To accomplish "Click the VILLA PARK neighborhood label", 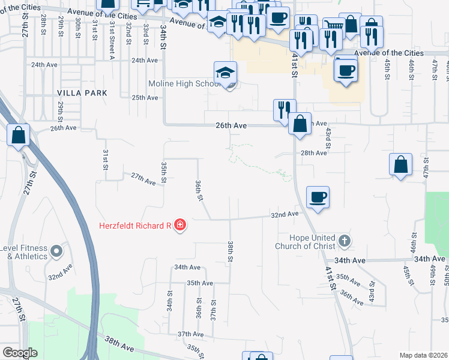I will [x=82, y=93].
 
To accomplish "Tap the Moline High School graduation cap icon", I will [x=226, y=73].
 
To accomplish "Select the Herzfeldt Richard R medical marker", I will [x=180, y=226].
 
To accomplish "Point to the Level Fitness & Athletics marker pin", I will [x=56, y=251].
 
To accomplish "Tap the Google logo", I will [x=20, y=353].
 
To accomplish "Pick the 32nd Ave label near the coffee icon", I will [x=285, y=214].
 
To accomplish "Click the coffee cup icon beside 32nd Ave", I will [x=318, y=197].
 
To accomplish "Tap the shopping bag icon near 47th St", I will [x=400, y=164].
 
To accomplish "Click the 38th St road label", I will [x=230, y=252].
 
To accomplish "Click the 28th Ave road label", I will [x=313, y=153].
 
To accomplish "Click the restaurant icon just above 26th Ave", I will [x=285, y=110].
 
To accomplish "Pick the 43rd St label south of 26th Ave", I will [x=328, y=137].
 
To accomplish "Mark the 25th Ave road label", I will [x=145, y=97].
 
